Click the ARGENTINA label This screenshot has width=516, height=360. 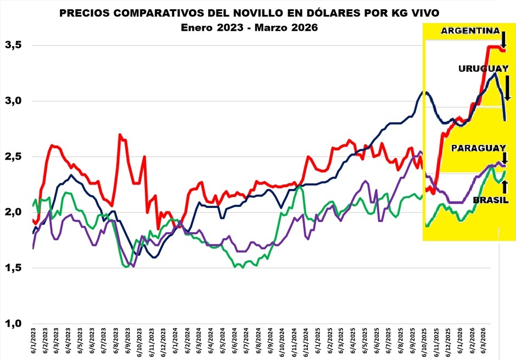(x=469, y=31)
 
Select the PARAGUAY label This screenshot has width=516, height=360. (x=478, y=148)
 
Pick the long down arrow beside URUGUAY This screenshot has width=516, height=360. (x=508, y=87)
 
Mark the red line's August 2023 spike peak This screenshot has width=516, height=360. (x=120, y=134)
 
